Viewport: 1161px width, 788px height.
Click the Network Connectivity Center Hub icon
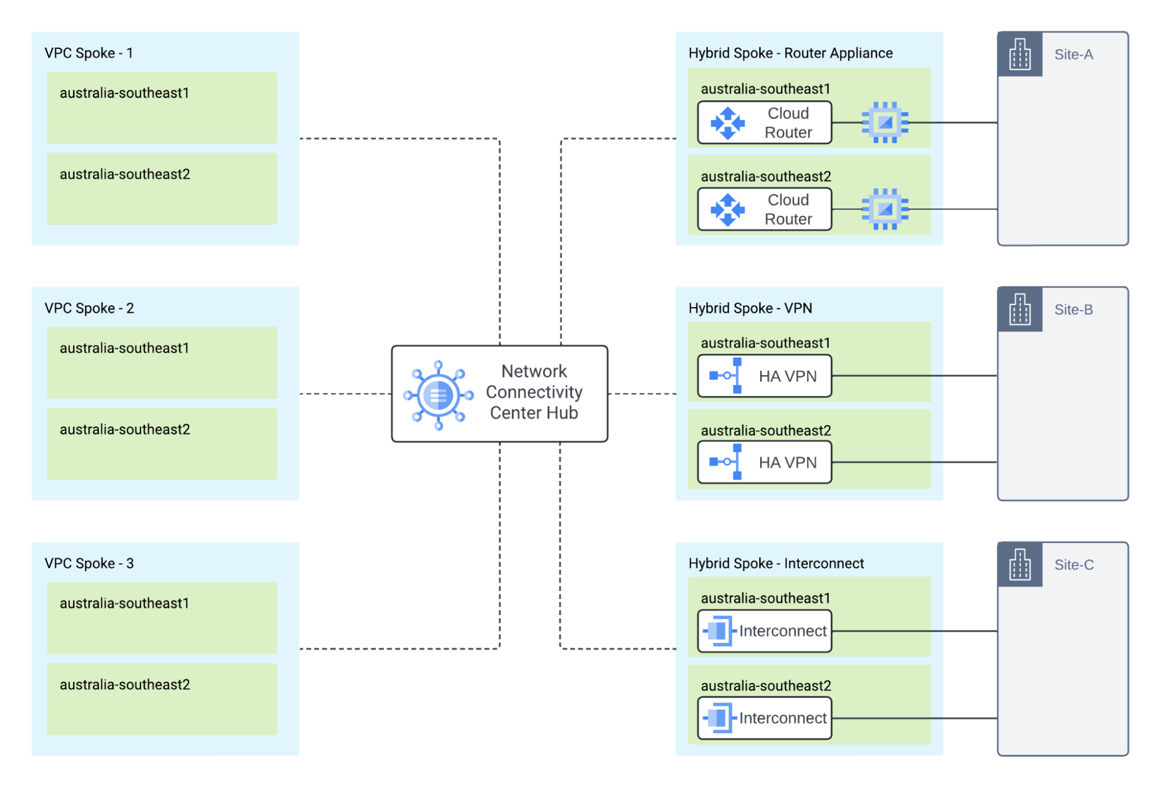coord(438,395)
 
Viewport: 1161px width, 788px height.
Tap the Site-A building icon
coord(1019,54)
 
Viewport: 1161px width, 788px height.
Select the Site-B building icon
coord(1019,309)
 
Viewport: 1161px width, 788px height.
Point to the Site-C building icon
coord(1019,564)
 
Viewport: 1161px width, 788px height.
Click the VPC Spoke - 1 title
coord(89,53)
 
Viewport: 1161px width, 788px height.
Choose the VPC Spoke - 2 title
coord(89,308)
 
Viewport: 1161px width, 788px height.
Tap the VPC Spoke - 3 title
coord(89,563)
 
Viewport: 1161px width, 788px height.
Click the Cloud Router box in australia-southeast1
coord(764,123)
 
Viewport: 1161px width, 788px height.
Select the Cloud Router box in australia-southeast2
coord(764,209)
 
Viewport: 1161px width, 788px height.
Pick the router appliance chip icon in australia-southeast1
coord(885,123)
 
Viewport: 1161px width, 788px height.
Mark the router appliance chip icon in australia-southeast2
coord(885,209)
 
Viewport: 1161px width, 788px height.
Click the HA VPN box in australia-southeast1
coord(764,376)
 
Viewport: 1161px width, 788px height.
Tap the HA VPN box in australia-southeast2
coord(764,462)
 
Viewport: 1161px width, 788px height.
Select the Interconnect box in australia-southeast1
coord(764,631)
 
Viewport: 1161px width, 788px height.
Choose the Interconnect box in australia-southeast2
coord(764,718)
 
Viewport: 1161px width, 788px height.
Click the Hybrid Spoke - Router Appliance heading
coord(790,53)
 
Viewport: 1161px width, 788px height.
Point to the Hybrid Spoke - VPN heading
coord(750,308)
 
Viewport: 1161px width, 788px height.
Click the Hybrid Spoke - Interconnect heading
coord(776,563)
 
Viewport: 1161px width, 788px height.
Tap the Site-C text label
coord(1074,564)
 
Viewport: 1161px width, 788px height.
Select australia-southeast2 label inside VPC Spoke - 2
coord(125,429)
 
